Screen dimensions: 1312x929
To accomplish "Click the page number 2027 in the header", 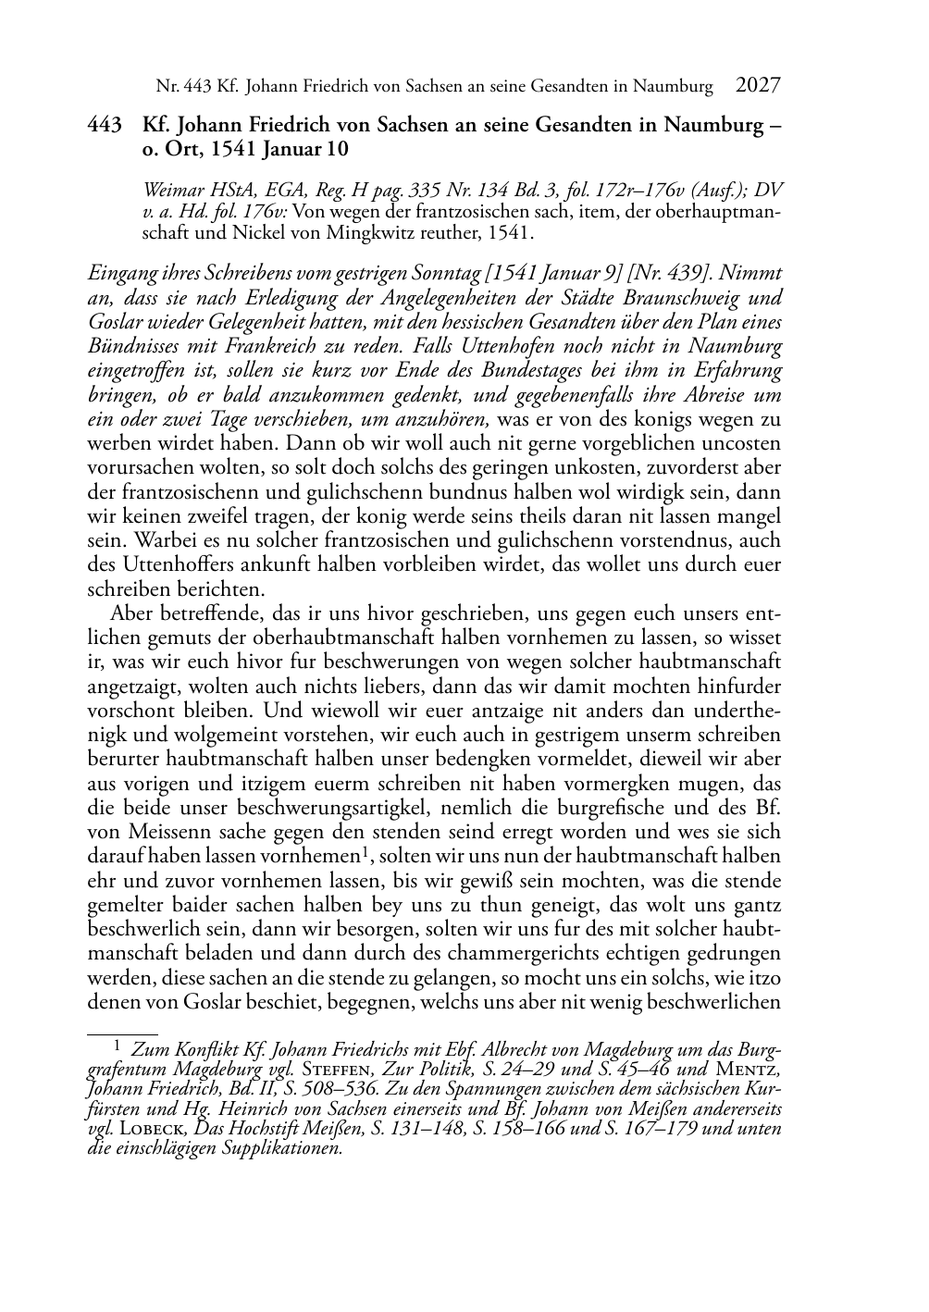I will (758, 86).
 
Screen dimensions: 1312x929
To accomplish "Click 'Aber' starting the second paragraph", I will (130, 613).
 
